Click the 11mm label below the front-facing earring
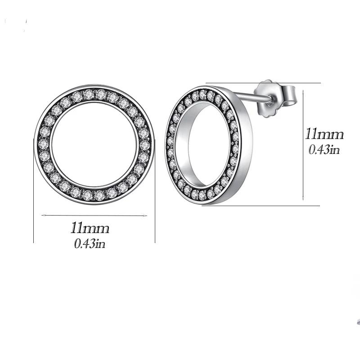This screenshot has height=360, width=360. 90,228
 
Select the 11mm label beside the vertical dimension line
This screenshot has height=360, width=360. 324,134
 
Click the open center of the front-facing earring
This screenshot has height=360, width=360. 94,144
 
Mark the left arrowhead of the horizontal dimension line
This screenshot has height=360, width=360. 43,216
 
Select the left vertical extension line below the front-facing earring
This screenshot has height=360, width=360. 34,216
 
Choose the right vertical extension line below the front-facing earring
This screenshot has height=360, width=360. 155,216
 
